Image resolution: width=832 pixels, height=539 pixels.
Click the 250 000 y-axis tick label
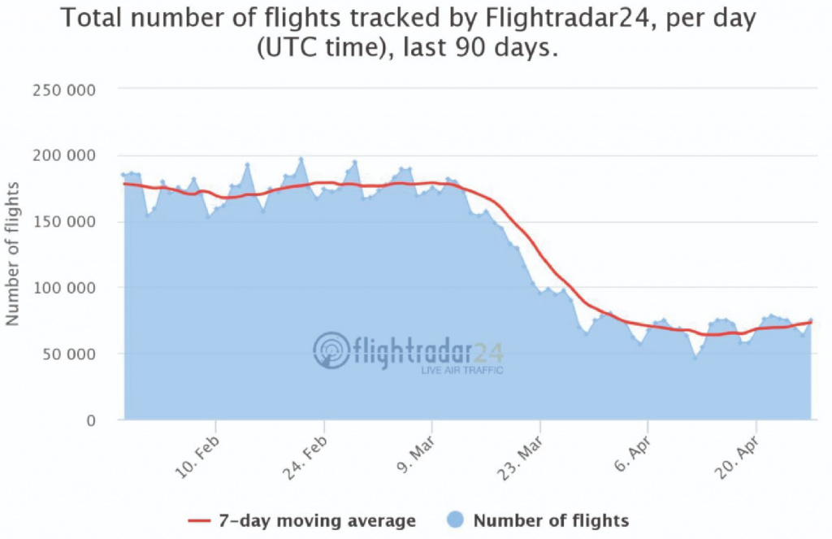pyautogui.click(x=63, y=89)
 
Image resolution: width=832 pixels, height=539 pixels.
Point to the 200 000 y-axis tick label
pyautogui.click(x=63, y=155)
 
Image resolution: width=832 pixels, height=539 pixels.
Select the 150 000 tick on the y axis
pyautogui.click(x=63, y=221)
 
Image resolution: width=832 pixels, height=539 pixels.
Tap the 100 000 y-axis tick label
pyautogui.click(x=63, y=288)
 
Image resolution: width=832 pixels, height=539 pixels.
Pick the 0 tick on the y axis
pyautogui.click(x=91, y=420)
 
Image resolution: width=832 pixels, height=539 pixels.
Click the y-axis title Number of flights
pyautogui.click(x=13, y=255)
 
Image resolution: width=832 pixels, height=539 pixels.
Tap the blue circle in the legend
pyautogui.click(x=456, y=520)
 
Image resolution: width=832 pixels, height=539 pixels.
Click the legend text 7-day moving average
pyautogui.click(x=316, y=520)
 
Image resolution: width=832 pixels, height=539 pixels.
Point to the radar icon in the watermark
pyautogui.click(x=331, y=350)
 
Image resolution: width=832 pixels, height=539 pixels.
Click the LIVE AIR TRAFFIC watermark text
pyautogui.click(x=461, y=371)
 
